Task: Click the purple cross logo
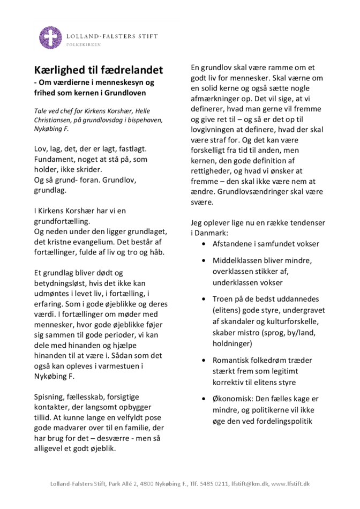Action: coord(50,38)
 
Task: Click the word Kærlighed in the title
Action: coord(57,70)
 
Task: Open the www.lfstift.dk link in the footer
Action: coord(290,484)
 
